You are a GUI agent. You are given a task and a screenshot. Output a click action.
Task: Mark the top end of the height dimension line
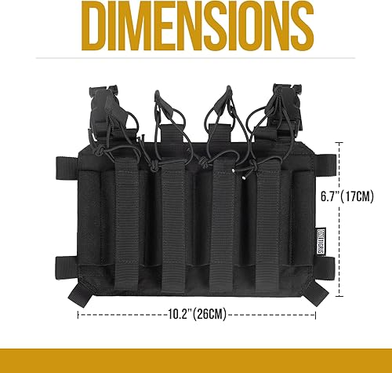click(339, 142)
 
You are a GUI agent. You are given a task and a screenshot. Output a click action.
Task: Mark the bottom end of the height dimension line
click(339, 298)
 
